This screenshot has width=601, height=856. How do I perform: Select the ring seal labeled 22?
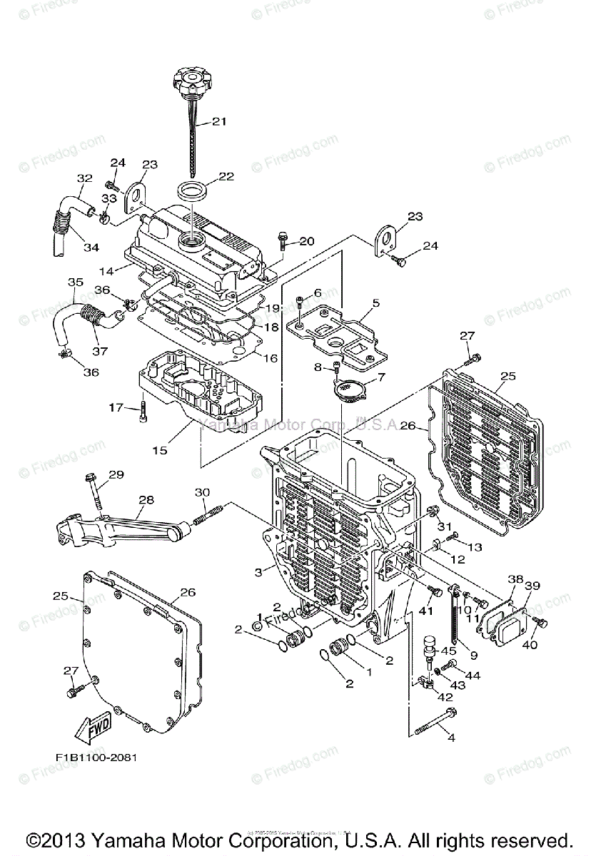(192, 191)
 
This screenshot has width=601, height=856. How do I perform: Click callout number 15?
(159, 450)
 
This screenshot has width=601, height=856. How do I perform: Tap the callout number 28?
(146, 500)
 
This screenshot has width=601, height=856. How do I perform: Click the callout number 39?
(532, 586)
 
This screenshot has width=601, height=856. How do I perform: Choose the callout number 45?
(448, 651)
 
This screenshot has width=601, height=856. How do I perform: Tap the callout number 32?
(85, 178)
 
